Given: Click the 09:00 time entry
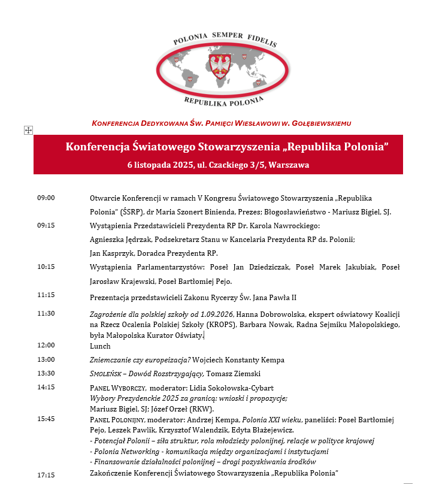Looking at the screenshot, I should [46, 198].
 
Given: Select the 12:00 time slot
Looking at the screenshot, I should [46, 346].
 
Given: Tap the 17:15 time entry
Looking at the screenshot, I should [46, 475].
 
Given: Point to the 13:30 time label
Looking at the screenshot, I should [46, 373].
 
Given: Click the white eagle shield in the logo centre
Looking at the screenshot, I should [223, 65].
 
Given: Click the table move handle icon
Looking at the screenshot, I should [28, 130].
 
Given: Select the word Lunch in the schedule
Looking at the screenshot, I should [100, 346].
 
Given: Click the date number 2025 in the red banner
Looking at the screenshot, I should [176, 165].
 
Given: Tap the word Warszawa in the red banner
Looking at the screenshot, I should [290, 165].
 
